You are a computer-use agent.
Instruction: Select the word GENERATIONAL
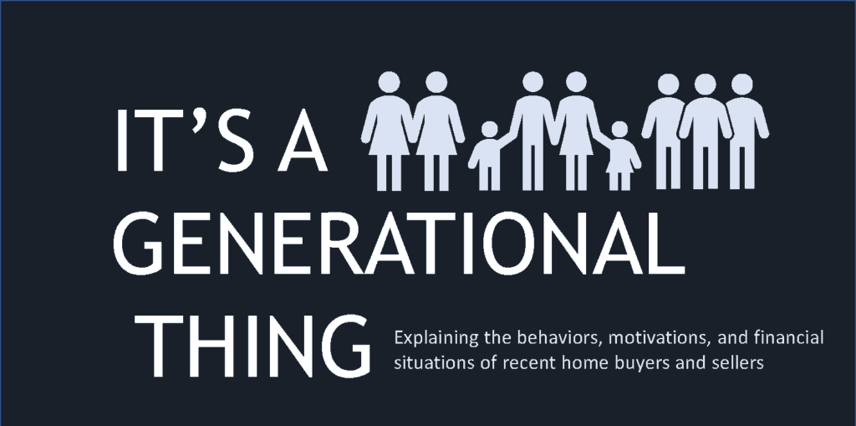[399, 244]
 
